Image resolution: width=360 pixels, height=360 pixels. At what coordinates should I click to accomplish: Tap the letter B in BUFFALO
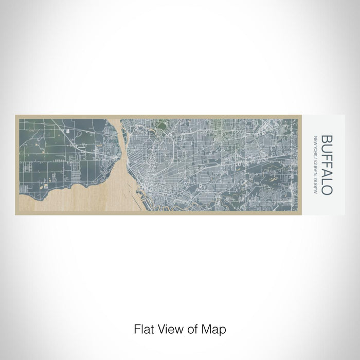click(326, 138)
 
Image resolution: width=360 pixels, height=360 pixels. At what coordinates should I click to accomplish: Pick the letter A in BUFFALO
click(326, 171)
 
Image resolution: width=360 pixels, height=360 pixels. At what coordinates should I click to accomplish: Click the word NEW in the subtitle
click(315, 139)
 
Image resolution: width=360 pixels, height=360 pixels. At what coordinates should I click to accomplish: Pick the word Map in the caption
click(215, 328)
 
